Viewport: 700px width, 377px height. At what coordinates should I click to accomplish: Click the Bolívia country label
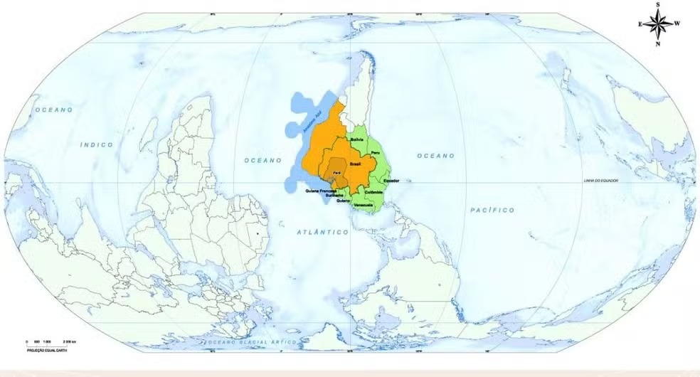click(x=357, y=140)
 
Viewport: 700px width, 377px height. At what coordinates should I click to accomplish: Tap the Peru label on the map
click(x=376, y=144)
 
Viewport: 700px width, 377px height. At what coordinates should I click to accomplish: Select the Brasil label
click(x=356, y=164)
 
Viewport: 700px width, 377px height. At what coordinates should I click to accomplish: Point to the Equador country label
click(x=391, y=181)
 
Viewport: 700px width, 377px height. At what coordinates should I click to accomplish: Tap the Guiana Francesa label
click(x=319, y=191)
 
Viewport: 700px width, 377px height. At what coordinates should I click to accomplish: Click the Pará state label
click(x=337, y=173)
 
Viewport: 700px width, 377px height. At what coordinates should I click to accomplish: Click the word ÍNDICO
click(x=96, y=144)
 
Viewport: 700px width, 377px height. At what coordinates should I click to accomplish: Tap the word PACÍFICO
click(x=492, y=210)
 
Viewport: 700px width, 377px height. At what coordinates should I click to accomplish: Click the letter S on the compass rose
click(x=657, y=5)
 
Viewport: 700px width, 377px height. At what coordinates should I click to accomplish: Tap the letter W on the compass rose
click(x=677, y=23)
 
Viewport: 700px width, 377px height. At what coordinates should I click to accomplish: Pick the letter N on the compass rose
click(x=657, y=43)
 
